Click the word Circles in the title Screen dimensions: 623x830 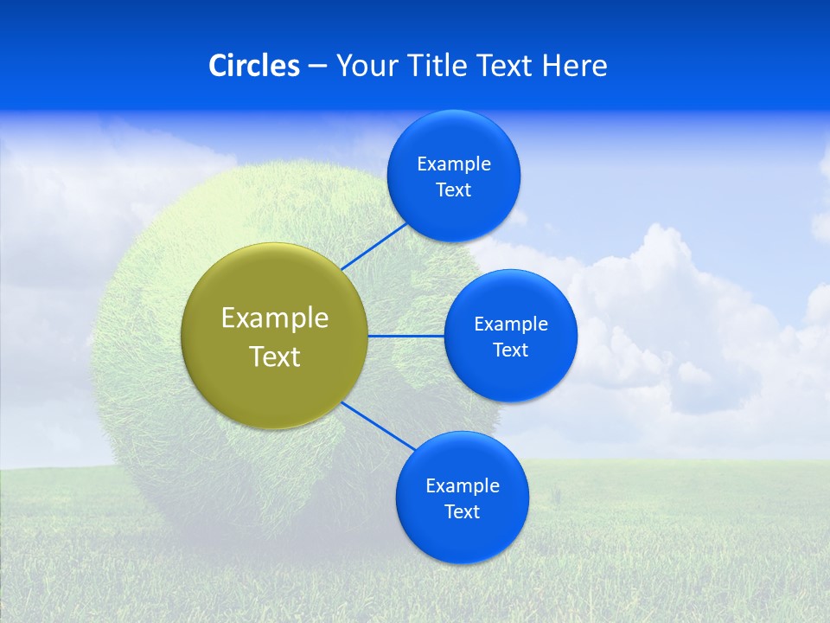pyautogui.click(x=253, y=66)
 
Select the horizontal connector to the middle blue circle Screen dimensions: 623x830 pyautogui.click(x=406, y=336)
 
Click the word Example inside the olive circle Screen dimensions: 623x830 pyautogui.click(x=275, y=318)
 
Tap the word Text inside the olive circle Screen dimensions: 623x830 pyautogui.click(x=275, y=356)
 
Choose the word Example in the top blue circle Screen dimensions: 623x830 pyautogui.click(x=454, y=164)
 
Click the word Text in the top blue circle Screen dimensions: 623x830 pyautogui.click(x=453, y=190)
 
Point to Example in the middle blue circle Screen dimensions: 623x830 pyautogui.click(x=511, y=324)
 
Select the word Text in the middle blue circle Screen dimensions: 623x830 pyautogui.click(x=510, y=350)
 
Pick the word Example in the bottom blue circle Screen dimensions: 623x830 pyautogui.click(x=463, y=486)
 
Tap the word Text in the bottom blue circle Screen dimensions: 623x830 pyautogui.click(x=462, y=512)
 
